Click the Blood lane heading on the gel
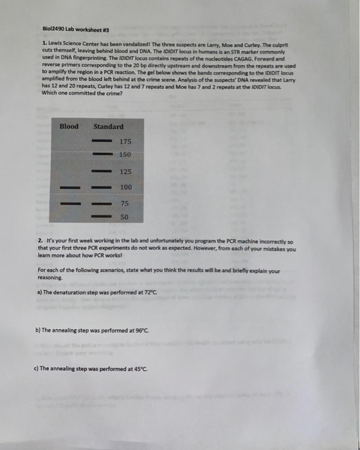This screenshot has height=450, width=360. pos(69,126)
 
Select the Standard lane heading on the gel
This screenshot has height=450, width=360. pos(108,127)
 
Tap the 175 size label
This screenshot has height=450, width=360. pos(125,140)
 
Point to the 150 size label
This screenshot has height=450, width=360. pos(125,155)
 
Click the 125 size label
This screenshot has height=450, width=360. pos(125,172)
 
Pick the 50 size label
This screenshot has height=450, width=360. pos(124,217)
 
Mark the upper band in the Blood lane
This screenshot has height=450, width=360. pos(69,188)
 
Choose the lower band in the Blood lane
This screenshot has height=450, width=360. pos(69,204)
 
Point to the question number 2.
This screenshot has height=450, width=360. pos(40,240)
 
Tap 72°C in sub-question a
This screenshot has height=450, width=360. pos(148,292)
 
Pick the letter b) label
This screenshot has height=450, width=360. pos(39,330)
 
